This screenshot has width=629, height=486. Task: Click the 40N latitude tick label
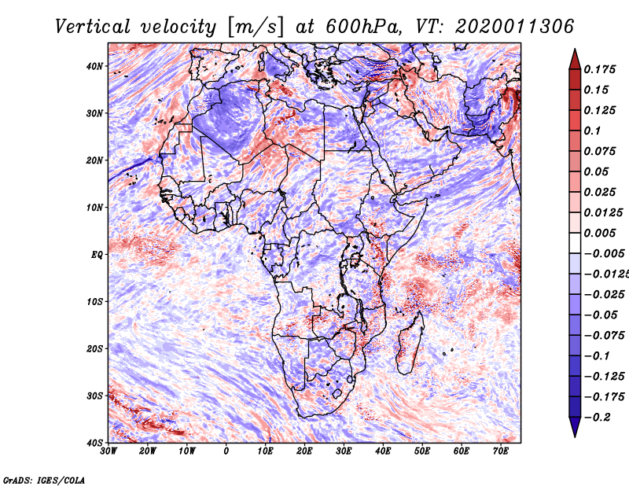tap(94, 66)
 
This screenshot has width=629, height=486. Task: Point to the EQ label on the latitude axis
tap(97, 255)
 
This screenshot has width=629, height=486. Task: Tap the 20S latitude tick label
tap(94, 348)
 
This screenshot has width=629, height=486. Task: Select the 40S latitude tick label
tap(94, 443)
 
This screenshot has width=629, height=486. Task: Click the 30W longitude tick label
tap(109, 451)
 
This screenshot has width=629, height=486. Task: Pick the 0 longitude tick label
tap(226, 451)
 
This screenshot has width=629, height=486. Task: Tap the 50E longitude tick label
tap(422, 451)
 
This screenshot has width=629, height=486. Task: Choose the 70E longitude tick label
tap(500, 451)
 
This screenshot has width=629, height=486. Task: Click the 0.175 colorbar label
tap(599, 69)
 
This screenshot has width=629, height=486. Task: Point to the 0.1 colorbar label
tap(592, 131)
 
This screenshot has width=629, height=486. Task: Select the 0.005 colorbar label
tap(599, 233)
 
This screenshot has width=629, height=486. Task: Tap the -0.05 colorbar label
tap(601, 315)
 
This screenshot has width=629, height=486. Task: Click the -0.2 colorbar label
tap(597, 418)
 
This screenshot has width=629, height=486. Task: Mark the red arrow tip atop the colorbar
tap(575, 50)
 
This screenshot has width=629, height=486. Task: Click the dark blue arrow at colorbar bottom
tap(575, 427)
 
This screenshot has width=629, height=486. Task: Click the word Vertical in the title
tap(93, 27)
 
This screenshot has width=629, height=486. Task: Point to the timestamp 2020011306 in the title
tap(515, 27)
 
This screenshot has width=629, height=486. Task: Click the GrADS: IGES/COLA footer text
tap(44, 480)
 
